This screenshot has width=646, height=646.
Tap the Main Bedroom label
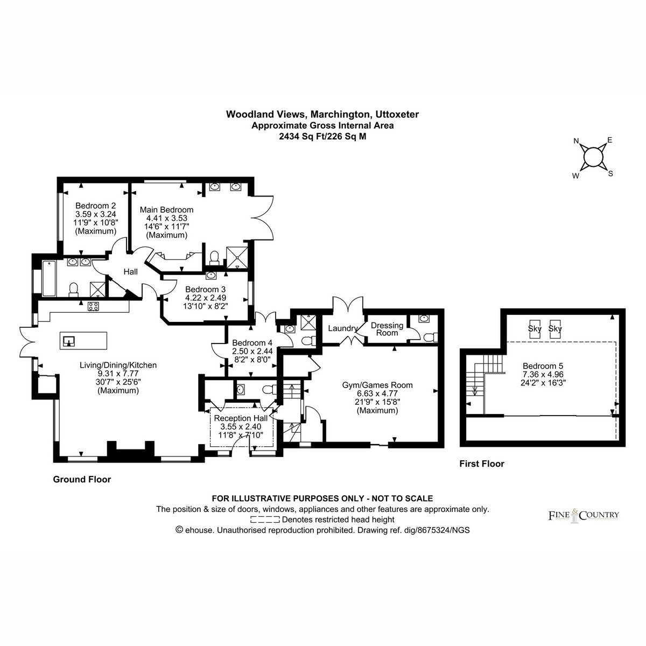(x=166, y=210)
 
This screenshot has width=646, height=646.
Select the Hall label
(x=130, y=271)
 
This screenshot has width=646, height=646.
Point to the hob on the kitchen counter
(x=93, y=306)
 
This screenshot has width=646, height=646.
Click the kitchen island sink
(x=69, y=341)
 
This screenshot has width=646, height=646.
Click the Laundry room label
(x=342, y=328)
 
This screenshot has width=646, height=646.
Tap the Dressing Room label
(x=387, y=329)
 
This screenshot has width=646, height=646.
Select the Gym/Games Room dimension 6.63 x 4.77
(x=377, y=394)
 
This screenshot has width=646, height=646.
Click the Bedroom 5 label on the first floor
(x=543, y=366)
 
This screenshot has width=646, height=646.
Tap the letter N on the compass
(x=576, y=141)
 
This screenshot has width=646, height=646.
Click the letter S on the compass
(x=610, y=174)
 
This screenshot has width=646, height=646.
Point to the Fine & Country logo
(x=584, y=515)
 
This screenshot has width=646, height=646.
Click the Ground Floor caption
(x=82, y=480)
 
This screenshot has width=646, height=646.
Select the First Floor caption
(x=482, y=464)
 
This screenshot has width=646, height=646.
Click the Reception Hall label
(x=241, y=418)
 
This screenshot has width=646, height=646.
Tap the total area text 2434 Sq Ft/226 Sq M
(x=322, y=136)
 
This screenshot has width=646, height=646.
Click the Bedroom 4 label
(x=252, y=343)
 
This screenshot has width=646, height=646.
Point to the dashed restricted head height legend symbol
(x=265, y=519)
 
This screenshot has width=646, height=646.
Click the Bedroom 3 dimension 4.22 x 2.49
(x=206, y=297)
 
